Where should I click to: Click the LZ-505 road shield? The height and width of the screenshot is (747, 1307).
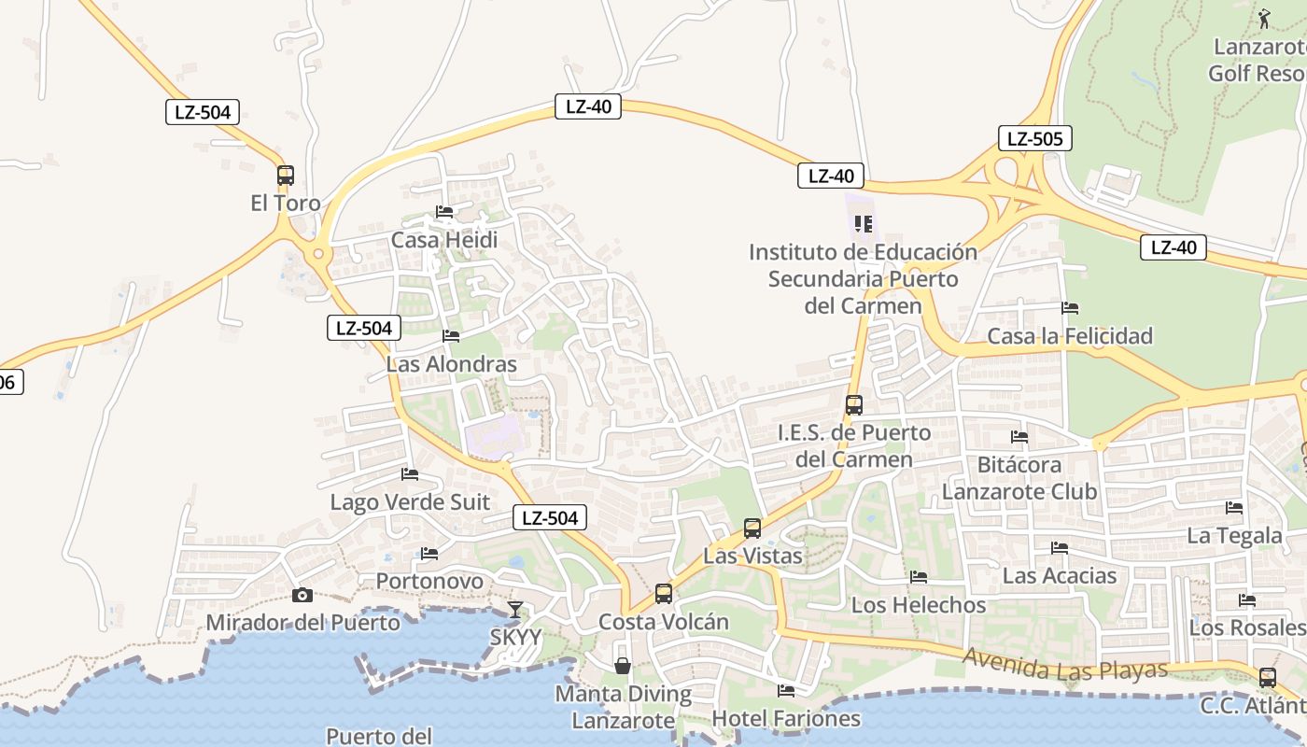tap(1034, 139)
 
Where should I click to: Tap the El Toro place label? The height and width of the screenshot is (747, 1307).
tap(286, 203)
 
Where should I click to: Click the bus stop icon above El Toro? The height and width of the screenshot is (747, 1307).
tap(286, 176)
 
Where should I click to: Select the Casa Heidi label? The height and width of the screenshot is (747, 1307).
tap(444, 240)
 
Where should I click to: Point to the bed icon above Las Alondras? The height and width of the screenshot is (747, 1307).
tap(451, 336)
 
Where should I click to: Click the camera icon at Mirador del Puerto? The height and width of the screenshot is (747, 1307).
tap(302, 595)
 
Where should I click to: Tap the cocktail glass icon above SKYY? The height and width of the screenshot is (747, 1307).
tap(514, 610)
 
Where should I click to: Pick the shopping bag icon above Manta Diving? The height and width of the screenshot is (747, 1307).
tap(623, 666)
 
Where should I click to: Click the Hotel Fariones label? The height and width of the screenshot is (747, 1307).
tap(786, 718)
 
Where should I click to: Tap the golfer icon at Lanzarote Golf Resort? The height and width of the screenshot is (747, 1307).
tap(1264, 18)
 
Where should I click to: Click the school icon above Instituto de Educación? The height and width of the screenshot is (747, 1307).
tap(864, 224)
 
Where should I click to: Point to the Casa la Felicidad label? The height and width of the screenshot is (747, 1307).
tap(1070, 336)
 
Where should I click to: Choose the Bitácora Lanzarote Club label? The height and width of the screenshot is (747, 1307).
tap(1019, 477)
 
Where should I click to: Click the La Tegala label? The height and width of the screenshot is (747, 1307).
tap(1234, 536)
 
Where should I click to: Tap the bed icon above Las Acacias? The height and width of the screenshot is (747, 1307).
tap(1060, 548)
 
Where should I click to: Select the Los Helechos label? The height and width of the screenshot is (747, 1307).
tap(919, 605)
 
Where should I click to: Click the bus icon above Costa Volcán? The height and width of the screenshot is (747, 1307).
tap(664, 593)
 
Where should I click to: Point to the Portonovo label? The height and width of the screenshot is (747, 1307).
tap(429, 582)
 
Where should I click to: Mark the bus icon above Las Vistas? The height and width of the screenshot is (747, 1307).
tap(752, 529)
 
